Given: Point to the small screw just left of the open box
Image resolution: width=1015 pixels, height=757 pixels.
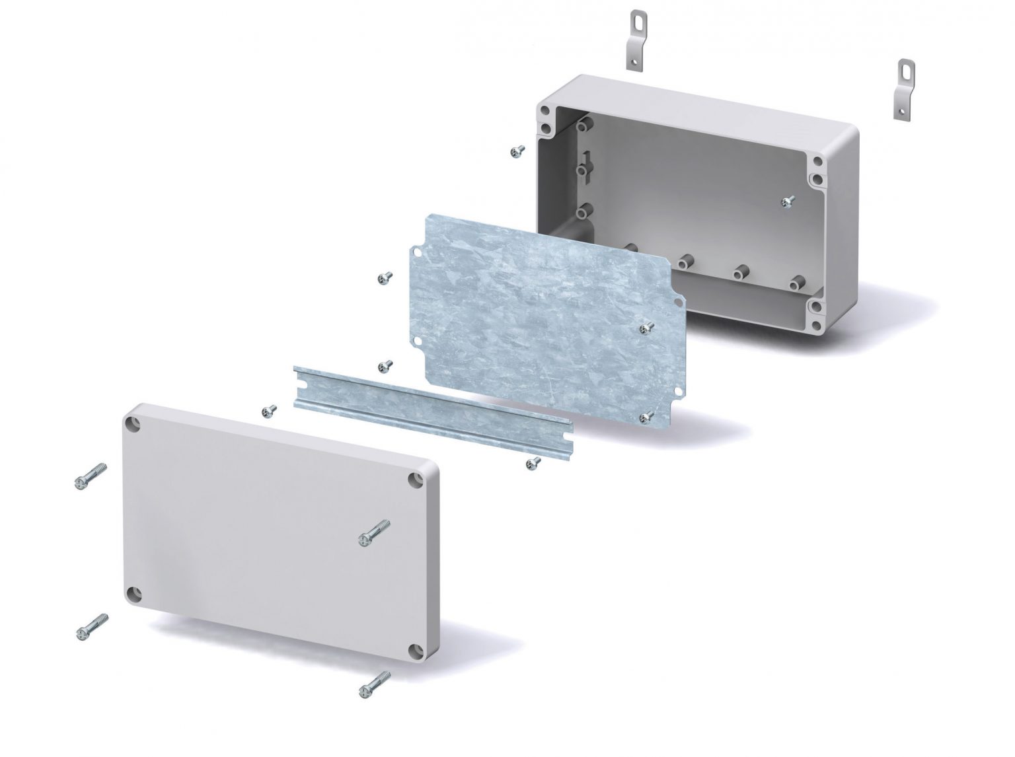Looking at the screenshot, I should [x=517, y=152].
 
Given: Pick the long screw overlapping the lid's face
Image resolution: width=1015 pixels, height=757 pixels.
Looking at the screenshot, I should [x=374, y=532].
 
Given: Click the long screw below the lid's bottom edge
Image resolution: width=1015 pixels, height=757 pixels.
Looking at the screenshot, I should [x=374, y=684].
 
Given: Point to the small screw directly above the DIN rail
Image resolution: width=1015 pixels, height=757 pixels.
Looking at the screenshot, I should [x=385, y=365].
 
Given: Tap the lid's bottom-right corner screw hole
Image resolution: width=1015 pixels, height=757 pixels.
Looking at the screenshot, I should [x=414, y=651].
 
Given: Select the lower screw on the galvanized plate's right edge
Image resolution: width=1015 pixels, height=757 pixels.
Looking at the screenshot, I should [x=647, y=416].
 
